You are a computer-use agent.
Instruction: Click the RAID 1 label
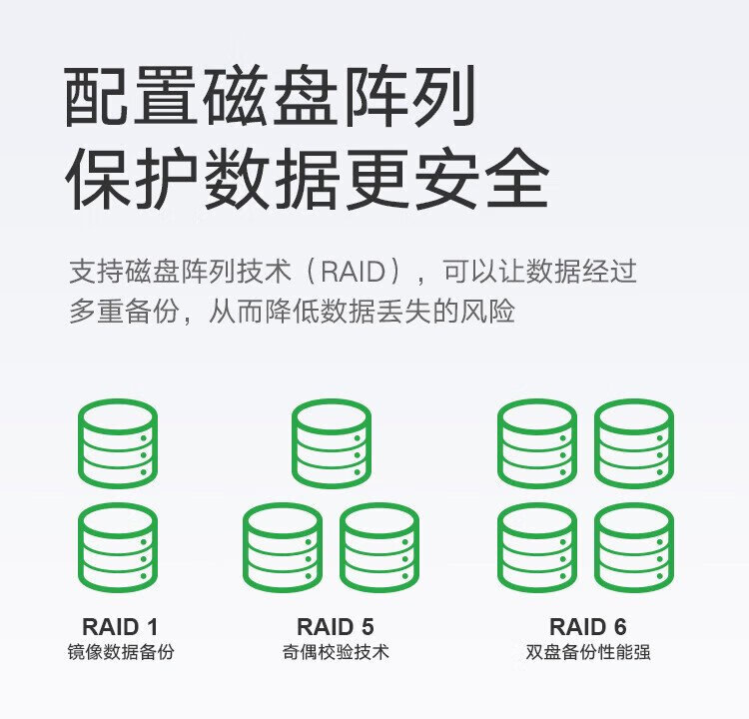[x=120, y=627]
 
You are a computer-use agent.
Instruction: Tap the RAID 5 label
[x=335, y=627]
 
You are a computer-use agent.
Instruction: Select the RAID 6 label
[x=587, y=627]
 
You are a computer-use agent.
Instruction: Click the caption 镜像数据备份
[x=121, y=652]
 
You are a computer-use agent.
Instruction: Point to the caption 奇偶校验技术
[x=336, y=652]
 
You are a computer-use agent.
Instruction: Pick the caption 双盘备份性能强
[x=588, y=652]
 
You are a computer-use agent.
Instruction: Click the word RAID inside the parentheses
[x=353, y=272]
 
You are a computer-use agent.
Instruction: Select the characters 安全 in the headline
[x=482, y=178]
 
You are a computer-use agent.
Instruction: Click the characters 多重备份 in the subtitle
[x=124, y=312]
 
